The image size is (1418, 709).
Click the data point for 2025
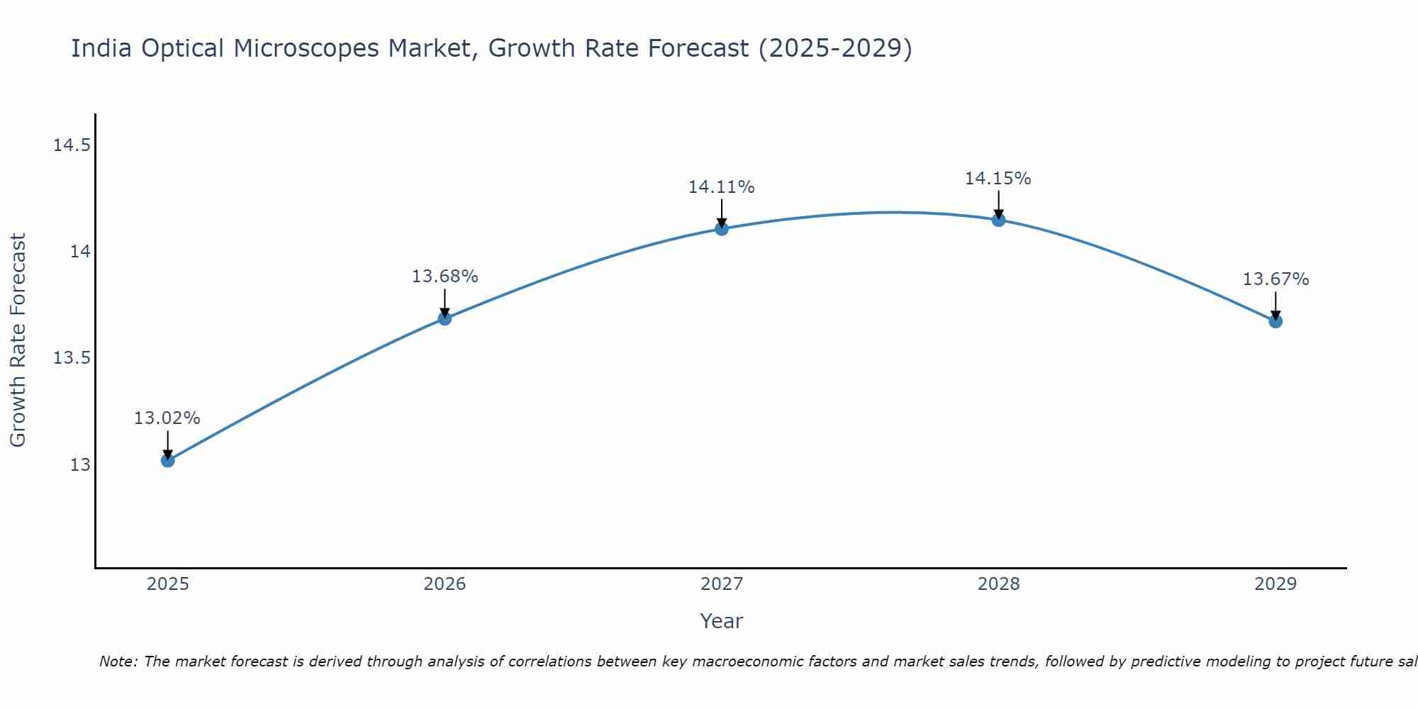(x=167, y=460)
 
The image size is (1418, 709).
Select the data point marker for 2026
(x=445, y=318)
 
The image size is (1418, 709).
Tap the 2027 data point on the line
(x=722, y=228)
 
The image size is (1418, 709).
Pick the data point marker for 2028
(x=998, y=220)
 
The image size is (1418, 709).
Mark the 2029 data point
(x=1275, y=321)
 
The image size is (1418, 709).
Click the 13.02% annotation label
(x=167, y=418)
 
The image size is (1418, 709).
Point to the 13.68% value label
(x=445, y=277)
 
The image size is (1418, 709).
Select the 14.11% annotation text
(x=721, y=187)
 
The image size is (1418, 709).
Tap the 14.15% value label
(x=998, y=179)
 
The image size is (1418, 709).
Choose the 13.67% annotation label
(x=1275, y=279)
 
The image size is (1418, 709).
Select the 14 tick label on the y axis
(x=79, y=252)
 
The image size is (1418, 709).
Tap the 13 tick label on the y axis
(x=79, y=464)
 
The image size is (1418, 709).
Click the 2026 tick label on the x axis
(x=445, y=584)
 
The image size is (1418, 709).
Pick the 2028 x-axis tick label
(x=998, y=584)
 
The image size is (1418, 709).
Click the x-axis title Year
(x=721, y=621)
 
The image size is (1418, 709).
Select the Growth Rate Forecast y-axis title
(x=18, y=340)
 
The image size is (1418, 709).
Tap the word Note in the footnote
(x=118, y=661)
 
